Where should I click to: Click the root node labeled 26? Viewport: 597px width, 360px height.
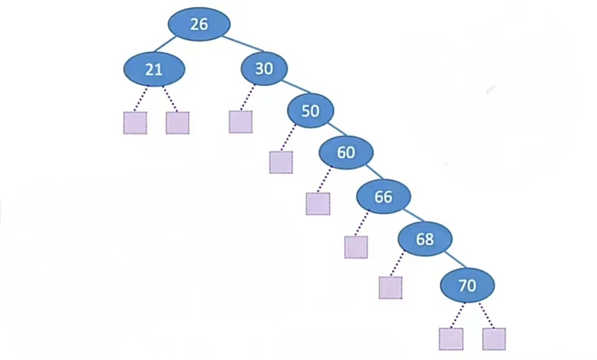[199, 24]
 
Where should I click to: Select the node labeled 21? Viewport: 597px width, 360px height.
[154, 69]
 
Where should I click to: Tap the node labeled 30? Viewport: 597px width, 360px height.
[264, 69]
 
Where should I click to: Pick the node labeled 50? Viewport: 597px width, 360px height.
[310, 111]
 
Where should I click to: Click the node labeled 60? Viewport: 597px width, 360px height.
[346, 153]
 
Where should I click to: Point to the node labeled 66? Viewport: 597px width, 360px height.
[383, 197]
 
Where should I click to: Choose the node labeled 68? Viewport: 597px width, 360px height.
[425, 239]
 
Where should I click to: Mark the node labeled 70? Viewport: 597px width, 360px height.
[467, 286]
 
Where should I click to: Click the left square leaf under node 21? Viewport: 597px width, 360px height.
[135, 123]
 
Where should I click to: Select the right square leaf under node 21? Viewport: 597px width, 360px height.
[177, 123]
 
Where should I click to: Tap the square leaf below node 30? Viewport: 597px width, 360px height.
[240, 122]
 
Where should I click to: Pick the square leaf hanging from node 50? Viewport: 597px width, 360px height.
[281, 162]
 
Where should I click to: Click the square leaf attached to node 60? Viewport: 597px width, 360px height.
[318, 204]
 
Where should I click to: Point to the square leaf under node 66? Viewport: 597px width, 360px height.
[356, 247]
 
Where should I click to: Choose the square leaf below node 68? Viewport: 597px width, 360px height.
[390, 288]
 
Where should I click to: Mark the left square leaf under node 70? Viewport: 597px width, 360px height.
[451, 339]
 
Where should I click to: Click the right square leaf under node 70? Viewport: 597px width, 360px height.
[494, 339]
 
